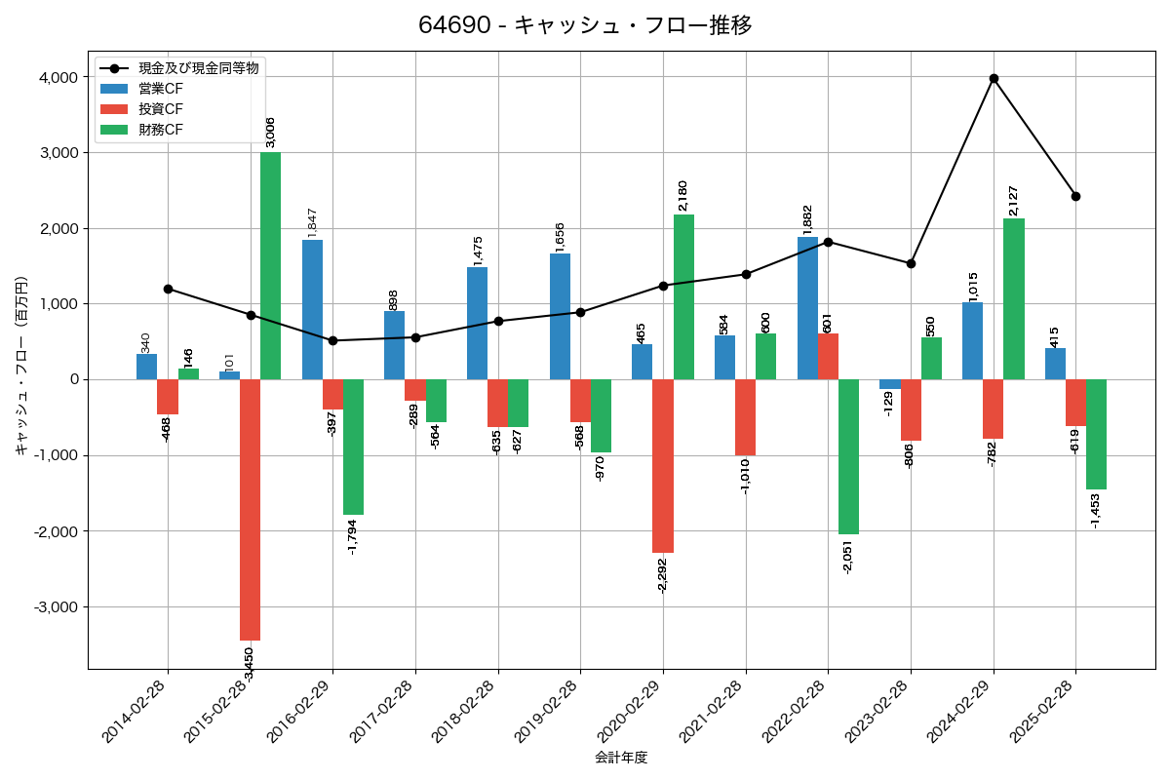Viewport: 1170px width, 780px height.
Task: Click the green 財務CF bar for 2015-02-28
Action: coord(270,265)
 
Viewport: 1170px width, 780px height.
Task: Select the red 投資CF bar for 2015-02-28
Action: coord(250,509)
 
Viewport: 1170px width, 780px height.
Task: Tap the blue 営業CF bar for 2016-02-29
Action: coord(312,309)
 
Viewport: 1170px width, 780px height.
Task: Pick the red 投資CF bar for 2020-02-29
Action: coord(663,466)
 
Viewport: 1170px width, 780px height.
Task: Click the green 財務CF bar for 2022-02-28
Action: coord(848,456)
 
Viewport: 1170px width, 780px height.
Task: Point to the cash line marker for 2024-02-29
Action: coord(994,78)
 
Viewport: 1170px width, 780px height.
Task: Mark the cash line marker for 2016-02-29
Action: coord(333,340)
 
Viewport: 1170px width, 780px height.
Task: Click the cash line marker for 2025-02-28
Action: coord(1075,196)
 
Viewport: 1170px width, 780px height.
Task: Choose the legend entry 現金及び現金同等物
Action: coord(199,68)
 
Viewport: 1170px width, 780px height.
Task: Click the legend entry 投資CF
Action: coord(161,108)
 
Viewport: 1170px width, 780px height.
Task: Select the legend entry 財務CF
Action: coord(161,129)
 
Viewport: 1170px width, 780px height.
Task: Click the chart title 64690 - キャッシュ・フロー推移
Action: coord(585,25)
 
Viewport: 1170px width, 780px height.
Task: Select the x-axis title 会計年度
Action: coord(621,758)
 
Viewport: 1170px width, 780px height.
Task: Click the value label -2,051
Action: coord(848,555)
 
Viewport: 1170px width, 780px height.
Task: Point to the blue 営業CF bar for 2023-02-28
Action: coord(889,384)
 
